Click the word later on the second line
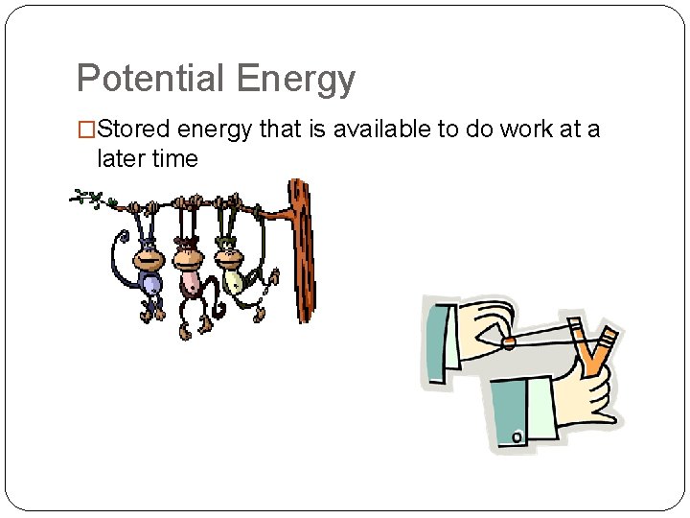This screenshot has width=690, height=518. click(122, 159)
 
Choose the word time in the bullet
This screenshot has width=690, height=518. click(175, 159)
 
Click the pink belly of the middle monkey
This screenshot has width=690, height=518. click(192, 281)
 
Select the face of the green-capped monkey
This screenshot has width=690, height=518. click(231, 257)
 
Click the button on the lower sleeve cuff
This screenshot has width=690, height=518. click(517, 437)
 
